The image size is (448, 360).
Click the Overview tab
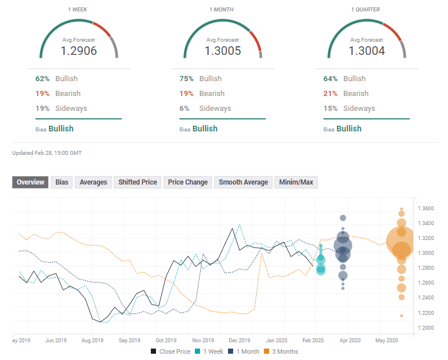(x=30, y=182)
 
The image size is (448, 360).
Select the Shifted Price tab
(x=137, y=182)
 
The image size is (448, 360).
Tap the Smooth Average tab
(x=243, y=182)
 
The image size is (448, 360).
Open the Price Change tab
(x=187, y=182)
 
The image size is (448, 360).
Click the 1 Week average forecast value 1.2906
(x=79, y=51)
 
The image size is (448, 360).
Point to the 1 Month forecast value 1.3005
(x=223, y=51)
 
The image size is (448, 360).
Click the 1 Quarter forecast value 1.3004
(x=367, y=51)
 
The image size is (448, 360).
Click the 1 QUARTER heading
(x=367, y=10)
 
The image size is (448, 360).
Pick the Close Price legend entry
(x=171, y=351)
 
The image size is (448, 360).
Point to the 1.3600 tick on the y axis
(x=426, y=209)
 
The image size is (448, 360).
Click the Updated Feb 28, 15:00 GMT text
(x=47, y=153)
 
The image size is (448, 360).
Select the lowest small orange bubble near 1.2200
(x=401, y=315)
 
